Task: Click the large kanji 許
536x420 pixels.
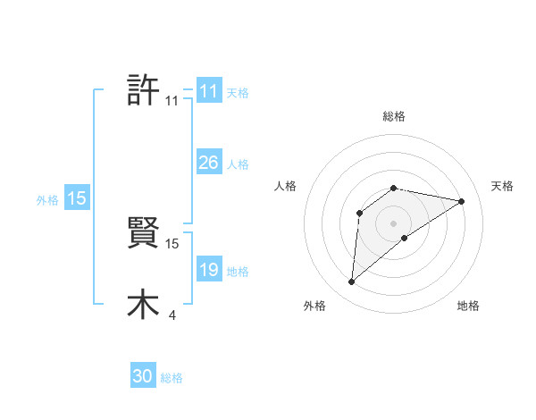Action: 143,89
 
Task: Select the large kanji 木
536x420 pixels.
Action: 143,304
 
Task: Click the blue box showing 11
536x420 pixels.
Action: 208,91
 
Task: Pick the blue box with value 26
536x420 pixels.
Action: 208,163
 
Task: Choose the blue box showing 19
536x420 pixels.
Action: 208,271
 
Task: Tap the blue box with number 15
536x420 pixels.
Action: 77,199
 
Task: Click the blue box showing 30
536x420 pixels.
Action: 143,376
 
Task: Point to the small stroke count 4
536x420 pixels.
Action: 172,315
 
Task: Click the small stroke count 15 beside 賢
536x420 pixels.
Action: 172,243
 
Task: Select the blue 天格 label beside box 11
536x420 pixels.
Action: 238,92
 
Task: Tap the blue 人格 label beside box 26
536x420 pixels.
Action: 238,164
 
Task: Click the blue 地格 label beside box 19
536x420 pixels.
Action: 238,272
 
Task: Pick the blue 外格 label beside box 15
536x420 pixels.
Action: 47,200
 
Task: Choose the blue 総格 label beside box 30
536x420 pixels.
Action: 172,377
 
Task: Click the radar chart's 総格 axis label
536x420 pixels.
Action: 393,116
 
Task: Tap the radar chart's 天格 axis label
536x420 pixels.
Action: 502,186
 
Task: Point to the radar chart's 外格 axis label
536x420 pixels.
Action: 314,307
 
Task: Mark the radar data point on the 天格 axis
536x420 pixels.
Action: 462,201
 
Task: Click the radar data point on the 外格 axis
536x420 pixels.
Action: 352,282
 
